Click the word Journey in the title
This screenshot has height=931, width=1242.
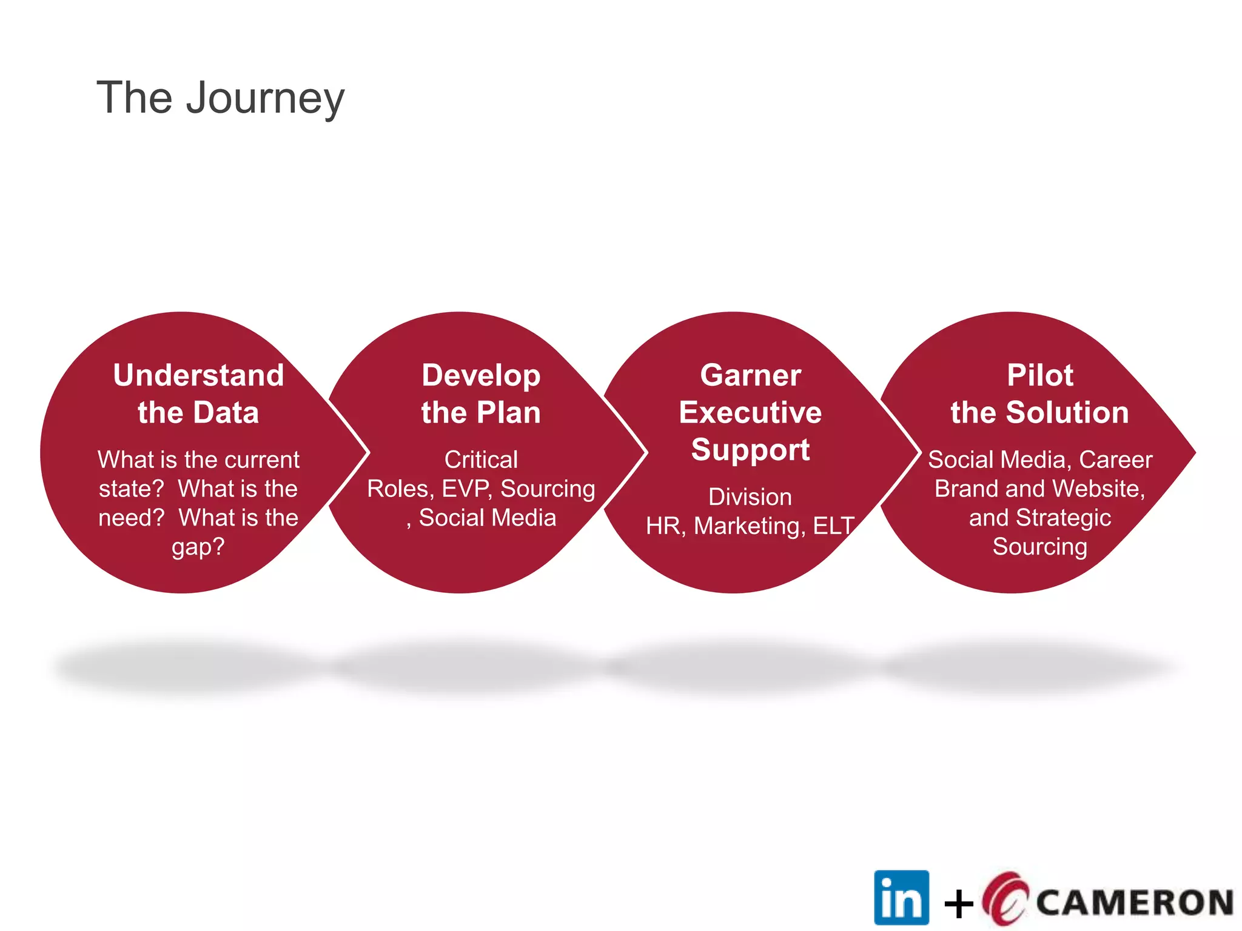(x=265, y=99)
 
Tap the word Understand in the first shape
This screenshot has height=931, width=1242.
(x=198, y=375)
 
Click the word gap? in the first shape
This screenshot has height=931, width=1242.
(x=198, y=547)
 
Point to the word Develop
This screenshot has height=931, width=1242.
(x=481, y=376)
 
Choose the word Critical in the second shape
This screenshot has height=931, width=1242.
(x=481, y=459)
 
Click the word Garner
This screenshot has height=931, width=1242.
(x=750, y=375)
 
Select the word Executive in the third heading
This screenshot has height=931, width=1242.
(x=750, y=413)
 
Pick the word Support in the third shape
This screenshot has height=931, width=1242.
(x=750, y=450)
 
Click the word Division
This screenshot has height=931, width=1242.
(x=750, y=497)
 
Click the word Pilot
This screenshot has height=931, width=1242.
(x=1039, y=375)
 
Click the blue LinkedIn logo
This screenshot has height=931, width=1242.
(x=901, y=897)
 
